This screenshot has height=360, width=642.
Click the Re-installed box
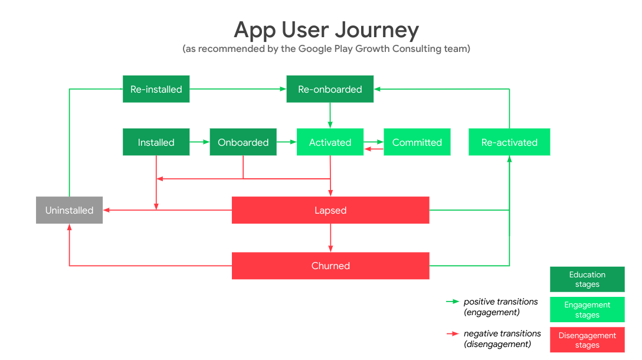coord(156,89)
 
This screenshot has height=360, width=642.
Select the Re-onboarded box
coord(330,89)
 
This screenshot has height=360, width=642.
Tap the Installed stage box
coord(156,142)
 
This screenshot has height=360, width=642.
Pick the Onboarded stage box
coord(243,142)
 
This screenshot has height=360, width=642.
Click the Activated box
coord(330,142)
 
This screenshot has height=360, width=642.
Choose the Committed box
coord(417,142)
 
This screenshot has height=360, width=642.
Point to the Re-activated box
coord(509,142)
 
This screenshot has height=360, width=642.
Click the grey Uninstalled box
coord(69,210)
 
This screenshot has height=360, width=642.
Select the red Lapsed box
coord(330,210)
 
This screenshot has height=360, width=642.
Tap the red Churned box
coord(330,266)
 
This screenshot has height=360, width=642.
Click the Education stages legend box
coord(587,279)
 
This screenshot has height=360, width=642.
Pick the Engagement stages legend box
coord(587,310)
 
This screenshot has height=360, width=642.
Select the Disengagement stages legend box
coord(587,340)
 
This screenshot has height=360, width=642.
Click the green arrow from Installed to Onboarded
coord(199,142)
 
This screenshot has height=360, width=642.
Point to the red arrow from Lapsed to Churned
coord(330,238)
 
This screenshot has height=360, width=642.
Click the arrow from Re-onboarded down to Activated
coord(330,115)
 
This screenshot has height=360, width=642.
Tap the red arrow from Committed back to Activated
coord(374,149)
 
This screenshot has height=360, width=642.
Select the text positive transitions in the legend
coord(500,302)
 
